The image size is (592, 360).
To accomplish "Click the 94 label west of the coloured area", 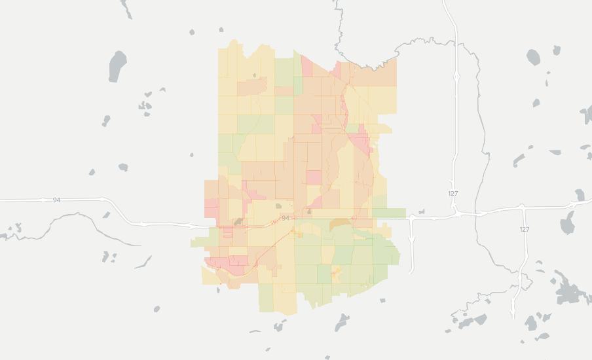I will [57, 200].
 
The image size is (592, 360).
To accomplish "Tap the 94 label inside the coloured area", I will [286, 217].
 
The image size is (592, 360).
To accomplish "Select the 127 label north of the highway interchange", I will [453, 194].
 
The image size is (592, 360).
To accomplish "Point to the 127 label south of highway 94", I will [524, 229].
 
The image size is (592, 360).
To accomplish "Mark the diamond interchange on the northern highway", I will [456, 77].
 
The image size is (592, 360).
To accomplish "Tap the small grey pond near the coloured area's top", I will [255, 75].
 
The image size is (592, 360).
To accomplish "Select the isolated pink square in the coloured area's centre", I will [314, 177].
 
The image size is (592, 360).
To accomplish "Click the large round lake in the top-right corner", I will [533, 58].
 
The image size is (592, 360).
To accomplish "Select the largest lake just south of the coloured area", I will [342, 321].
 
